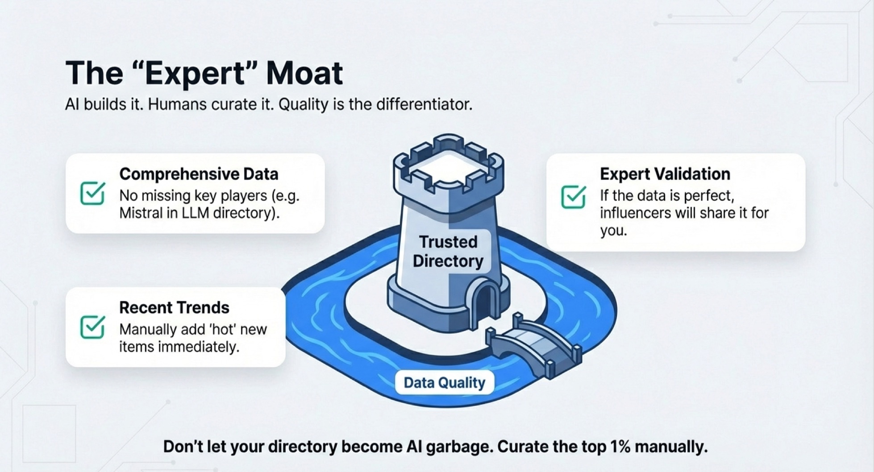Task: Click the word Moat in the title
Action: pos(304,73)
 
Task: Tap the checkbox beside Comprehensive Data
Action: pos(93,193)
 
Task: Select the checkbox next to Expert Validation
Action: pos(574,197)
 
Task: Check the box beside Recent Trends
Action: pos(93,327)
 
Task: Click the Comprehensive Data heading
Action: pos(199,174)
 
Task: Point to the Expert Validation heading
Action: pos(665,174)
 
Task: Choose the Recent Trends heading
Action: pos(174,307)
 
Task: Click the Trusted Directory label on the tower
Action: pos(448,251)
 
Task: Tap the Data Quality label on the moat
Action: pos(445,383)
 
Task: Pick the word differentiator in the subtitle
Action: pos(424,104)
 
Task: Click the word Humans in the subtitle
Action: pos(177,104)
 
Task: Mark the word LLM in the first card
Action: pos(196,213)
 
